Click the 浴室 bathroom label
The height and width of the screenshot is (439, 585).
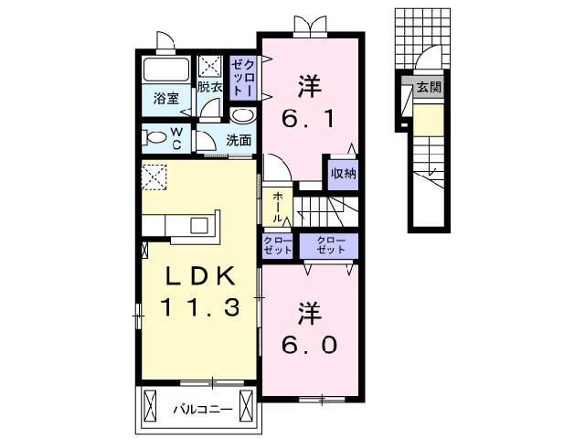tap(165, 98)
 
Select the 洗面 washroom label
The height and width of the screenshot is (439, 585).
tap(239, 141)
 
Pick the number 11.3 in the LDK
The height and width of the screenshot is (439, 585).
tap(201, 308)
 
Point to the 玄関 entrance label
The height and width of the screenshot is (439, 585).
tap(429, 88)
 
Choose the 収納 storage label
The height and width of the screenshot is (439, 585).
tap(343, 173)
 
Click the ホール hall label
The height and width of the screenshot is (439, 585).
tap(277, 207)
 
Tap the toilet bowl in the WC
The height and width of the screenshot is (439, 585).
tap(152, 138)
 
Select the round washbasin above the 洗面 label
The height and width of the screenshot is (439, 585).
tap(241, 116)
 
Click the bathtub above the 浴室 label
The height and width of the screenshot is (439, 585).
tap(165, 69)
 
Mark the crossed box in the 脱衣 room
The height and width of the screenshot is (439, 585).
tap(210, 67)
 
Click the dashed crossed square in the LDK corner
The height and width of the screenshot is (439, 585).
tap(154, 176)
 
